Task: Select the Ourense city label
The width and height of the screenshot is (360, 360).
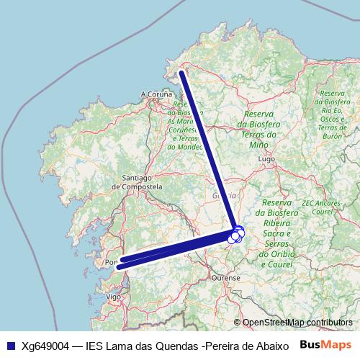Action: [x=225, y=276]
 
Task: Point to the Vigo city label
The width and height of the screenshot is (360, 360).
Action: [x=113, y=296]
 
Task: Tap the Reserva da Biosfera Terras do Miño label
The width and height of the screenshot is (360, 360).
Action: [x=261, y=130]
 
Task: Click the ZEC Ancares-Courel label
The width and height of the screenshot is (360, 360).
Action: [x=322, y=208]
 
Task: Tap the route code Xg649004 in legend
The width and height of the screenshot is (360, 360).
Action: [x=45, y=345]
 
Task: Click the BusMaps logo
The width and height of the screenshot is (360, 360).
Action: [x=325, y=344]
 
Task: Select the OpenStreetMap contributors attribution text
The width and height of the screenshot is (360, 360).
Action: [x=297, y=323]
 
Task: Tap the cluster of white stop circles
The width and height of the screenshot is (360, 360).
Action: [x=236, y=234]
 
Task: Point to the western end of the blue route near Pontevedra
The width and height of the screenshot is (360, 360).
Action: [x=118, y=266]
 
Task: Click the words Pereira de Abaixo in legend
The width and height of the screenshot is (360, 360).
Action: [x=248, y=345]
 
